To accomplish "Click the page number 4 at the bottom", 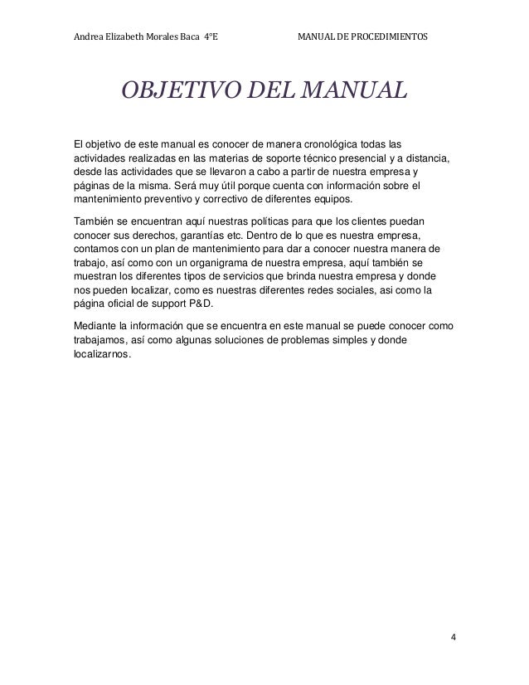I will point(454,639).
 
